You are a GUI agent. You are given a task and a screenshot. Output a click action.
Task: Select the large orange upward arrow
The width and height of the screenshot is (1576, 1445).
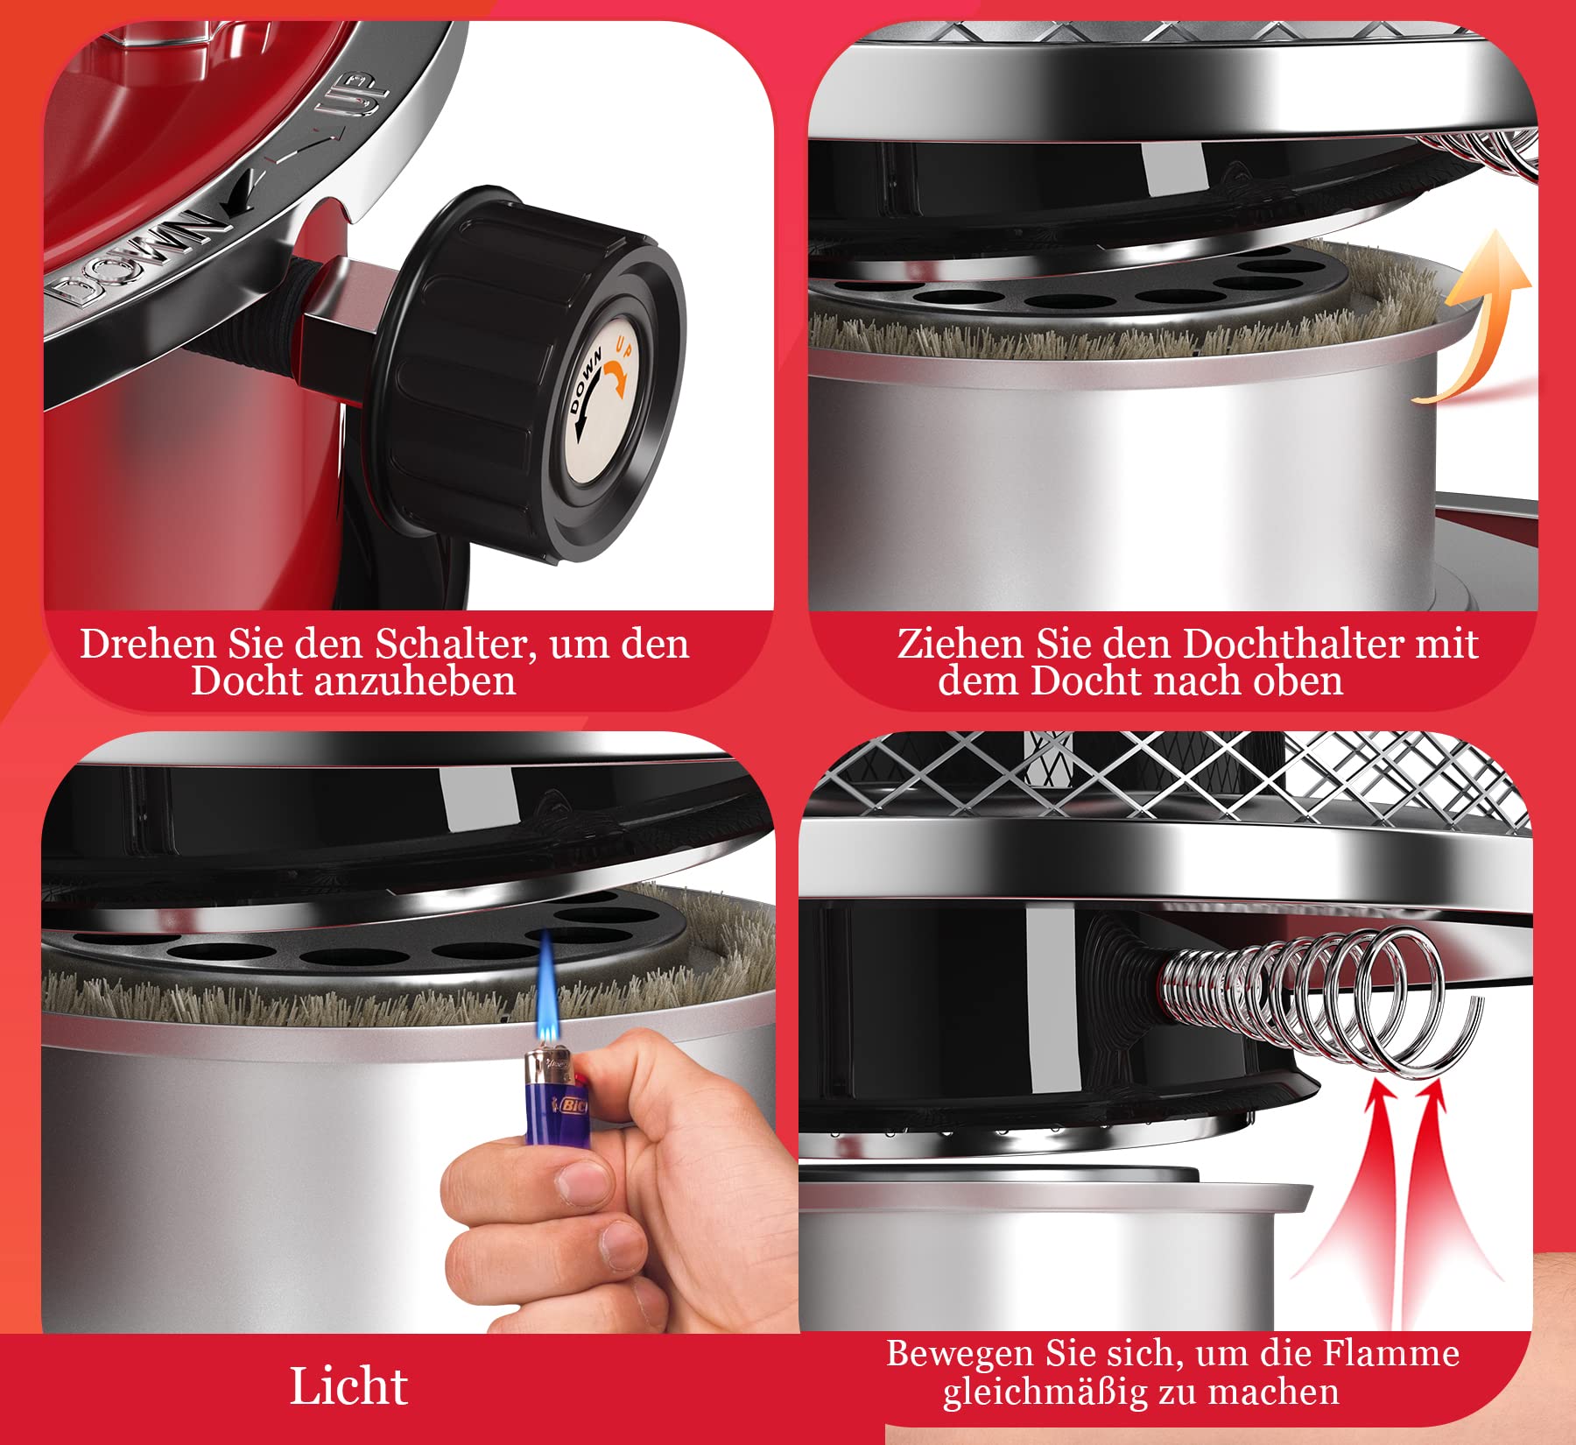[1475, 315]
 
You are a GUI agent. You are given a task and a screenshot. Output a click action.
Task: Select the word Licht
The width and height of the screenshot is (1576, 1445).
[348, 1386]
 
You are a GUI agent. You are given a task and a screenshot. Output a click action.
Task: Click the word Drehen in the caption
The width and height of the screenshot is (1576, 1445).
[148, 644]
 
